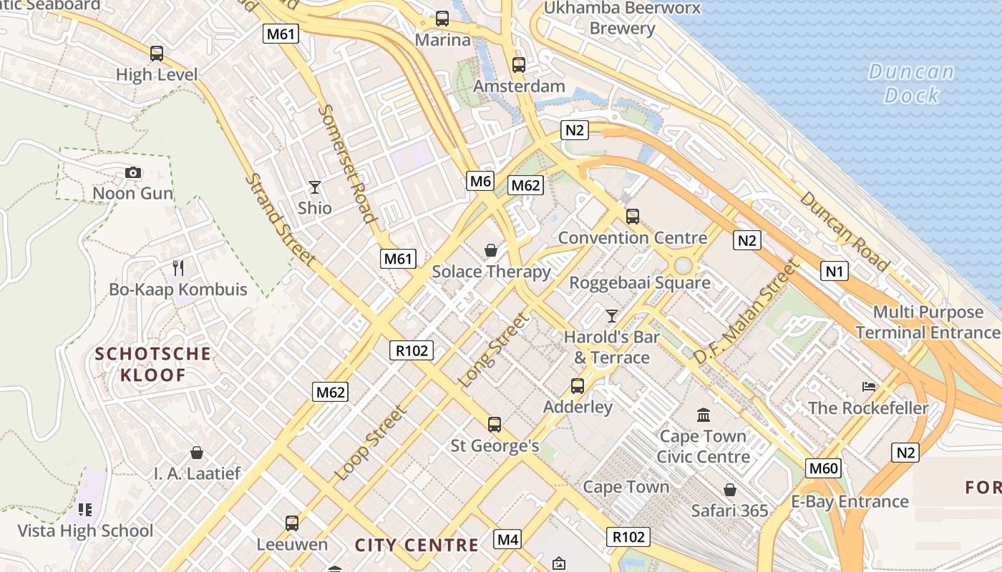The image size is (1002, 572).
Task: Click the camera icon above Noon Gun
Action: (132, 172)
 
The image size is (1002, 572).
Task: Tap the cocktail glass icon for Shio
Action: (315, 187)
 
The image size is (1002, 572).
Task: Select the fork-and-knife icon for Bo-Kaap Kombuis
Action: (178, 268)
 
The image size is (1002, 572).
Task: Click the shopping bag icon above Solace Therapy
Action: (491, 250)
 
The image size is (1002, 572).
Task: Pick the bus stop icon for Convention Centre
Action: (632, 216)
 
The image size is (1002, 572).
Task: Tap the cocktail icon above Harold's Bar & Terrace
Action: (611, 315)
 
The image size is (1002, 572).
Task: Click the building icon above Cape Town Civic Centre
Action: (704, 415)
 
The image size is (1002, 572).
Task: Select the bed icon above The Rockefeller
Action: (869, 387)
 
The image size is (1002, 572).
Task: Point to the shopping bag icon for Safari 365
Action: (729, 490)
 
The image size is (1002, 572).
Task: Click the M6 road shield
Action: (481, 181)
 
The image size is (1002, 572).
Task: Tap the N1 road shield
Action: (835, 270)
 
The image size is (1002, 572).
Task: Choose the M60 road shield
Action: (823, 468)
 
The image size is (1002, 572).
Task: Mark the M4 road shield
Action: (507, 538)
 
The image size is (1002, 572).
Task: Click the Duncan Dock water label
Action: (911, 83)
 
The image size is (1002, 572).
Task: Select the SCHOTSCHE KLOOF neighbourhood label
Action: (153, 364)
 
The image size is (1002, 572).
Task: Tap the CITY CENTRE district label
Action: (417, 545)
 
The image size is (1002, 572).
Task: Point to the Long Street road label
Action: (495, 350)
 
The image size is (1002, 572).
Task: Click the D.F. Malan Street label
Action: (745, 312)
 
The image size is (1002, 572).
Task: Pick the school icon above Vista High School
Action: (85, 510)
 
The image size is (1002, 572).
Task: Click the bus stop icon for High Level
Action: (157, 53)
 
